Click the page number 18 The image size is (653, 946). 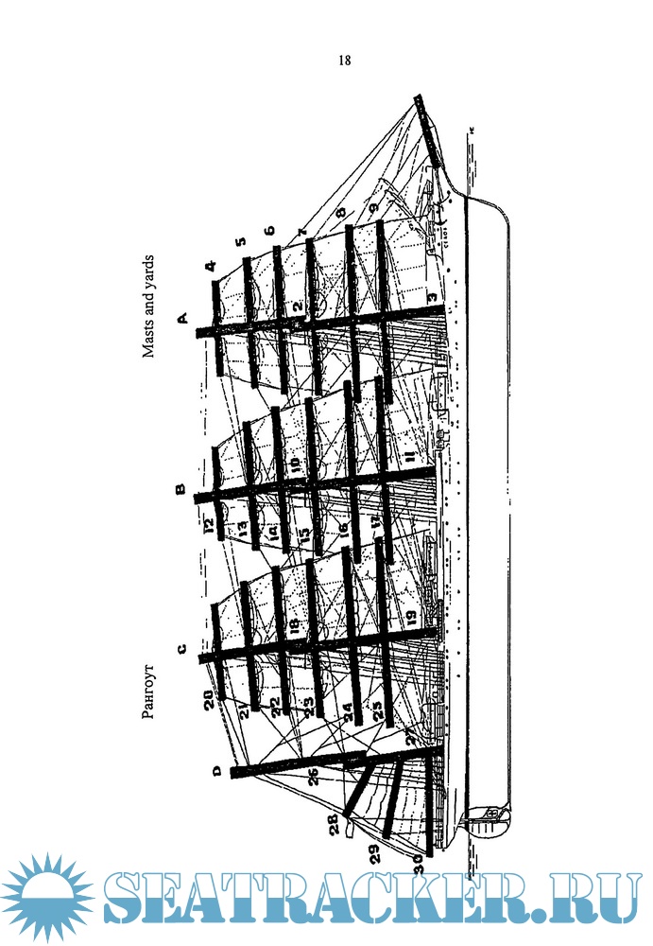344,61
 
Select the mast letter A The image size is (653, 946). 183,318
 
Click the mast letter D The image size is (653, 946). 216,772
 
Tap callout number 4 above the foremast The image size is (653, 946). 211,266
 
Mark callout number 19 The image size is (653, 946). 411,616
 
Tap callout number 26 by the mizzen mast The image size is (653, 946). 313,778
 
